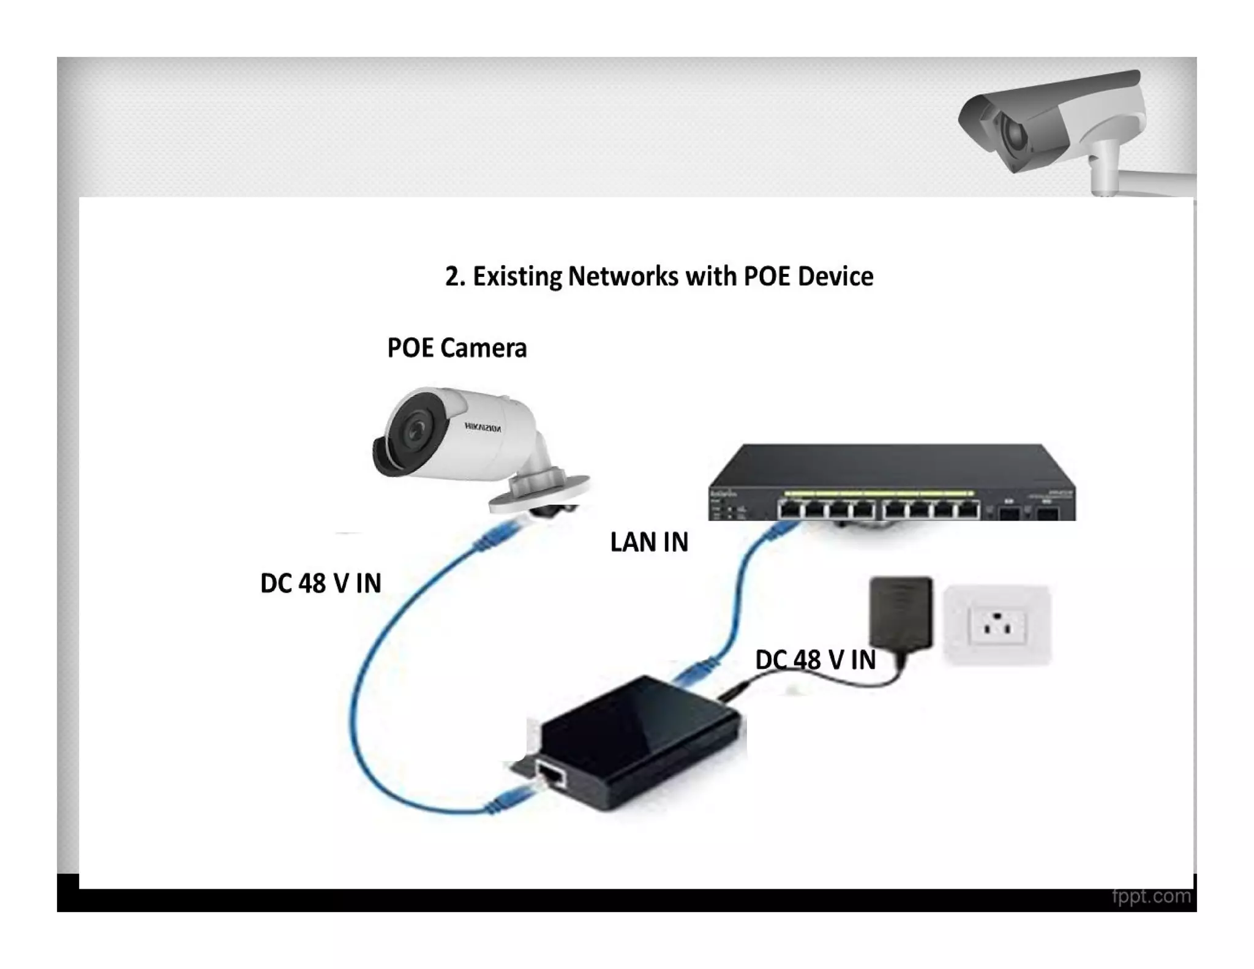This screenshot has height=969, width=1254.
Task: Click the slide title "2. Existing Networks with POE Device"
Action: [x=659, y=276]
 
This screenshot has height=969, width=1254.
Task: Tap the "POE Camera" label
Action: [x=457, y=348]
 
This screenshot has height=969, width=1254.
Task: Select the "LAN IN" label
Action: [x=649, y=542]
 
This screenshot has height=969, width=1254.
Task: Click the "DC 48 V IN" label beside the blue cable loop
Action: [x=320, y=583]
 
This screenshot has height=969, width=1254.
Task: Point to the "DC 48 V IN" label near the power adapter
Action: [x=815, y=660]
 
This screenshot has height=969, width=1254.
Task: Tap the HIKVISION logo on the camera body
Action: [x=483, y=428]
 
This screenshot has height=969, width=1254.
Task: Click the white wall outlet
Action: [x=996, y=625]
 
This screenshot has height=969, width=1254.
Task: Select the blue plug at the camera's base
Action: [x=499, y=533]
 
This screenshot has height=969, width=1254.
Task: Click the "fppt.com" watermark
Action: [x=1151, y=896]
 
